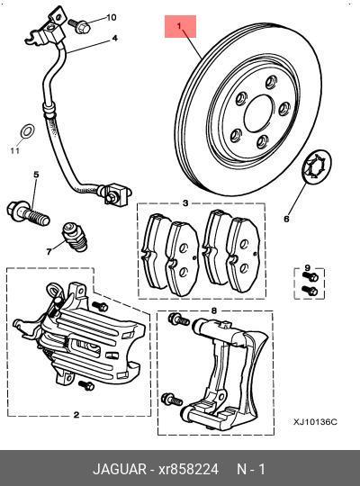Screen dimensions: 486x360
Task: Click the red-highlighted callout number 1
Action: [180, 28]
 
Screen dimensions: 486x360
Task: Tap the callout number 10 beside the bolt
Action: [112, 18]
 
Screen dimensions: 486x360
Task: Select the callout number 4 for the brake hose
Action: [114, 39]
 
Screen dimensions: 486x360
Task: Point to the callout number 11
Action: [14, 151]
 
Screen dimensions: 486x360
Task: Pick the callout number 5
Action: [36, 174]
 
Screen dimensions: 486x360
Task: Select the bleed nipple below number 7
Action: [73, 238]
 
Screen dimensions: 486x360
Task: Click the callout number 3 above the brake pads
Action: [184, 203]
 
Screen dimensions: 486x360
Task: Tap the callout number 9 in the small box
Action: [306, 268]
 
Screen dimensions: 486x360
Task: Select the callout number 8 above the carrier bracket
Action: [213, 310]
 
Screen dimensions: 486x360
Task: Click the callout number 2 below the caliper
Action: [76, 415]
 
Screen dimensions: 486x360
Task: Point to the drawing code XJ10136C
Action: [314, 420]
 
